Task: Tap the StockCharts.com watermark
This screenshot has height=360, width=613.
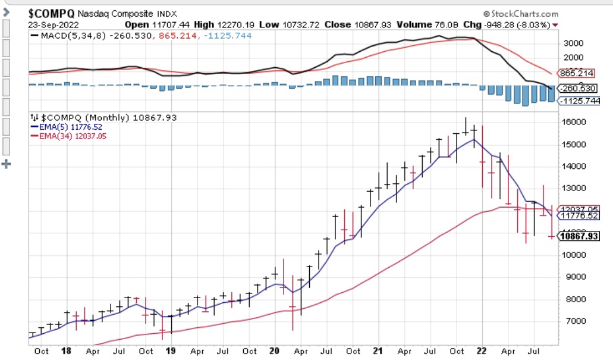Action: click(x=521, y=13)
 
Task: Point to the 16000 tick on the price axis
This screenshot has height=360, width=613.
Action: click(x=573, y=122)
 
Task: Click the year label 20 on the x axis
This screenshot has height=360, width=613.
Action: click(x=274, y=351)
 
